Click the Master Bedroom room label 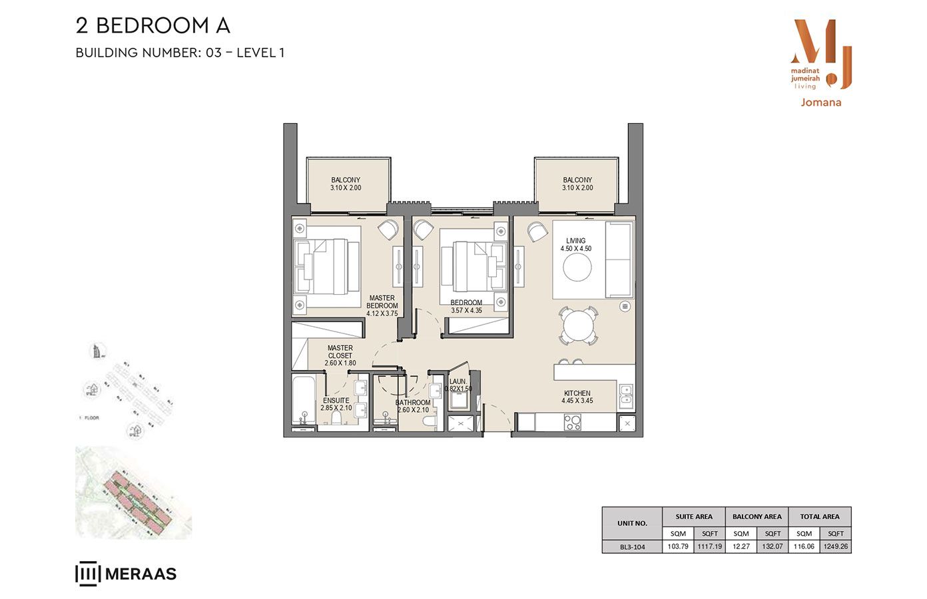tap(382, 305)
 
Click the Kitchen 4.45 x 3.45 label tap(577, 397)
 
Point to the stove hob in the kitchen tap(572, 422)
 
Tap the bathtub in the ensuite tap(304, 401)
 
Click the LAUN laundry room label tap(458, 385)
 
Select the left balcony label tap(346, 184)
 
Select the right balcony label tap(577, 184)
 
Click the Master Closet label tap(340, 355)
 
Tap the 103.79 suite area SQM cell tap(678, 546)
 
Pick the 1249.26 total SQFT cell tap(835, 546)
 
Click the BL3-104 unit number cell tap(632, 546)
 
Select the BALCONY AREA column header tap(757, 516)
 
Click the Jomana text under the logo tap(820, 102)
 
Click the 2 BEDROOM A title tap(153, 26)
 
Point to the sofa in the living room tap(619, 260)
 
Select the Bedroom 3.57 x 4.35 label tap(466, 306)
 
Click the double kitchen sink tap(626, 395)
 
